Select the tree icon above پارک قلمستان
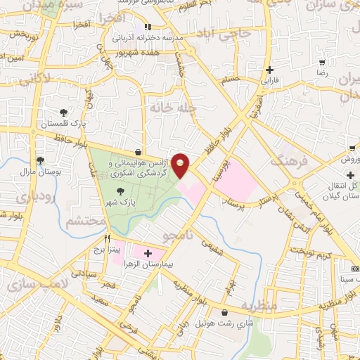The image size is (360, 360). (x=64, y=112)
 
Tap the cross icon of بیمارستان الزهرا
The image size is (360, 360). (x=148, y=252)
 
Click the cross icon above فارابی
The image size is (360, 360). (x=270, y=70)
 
